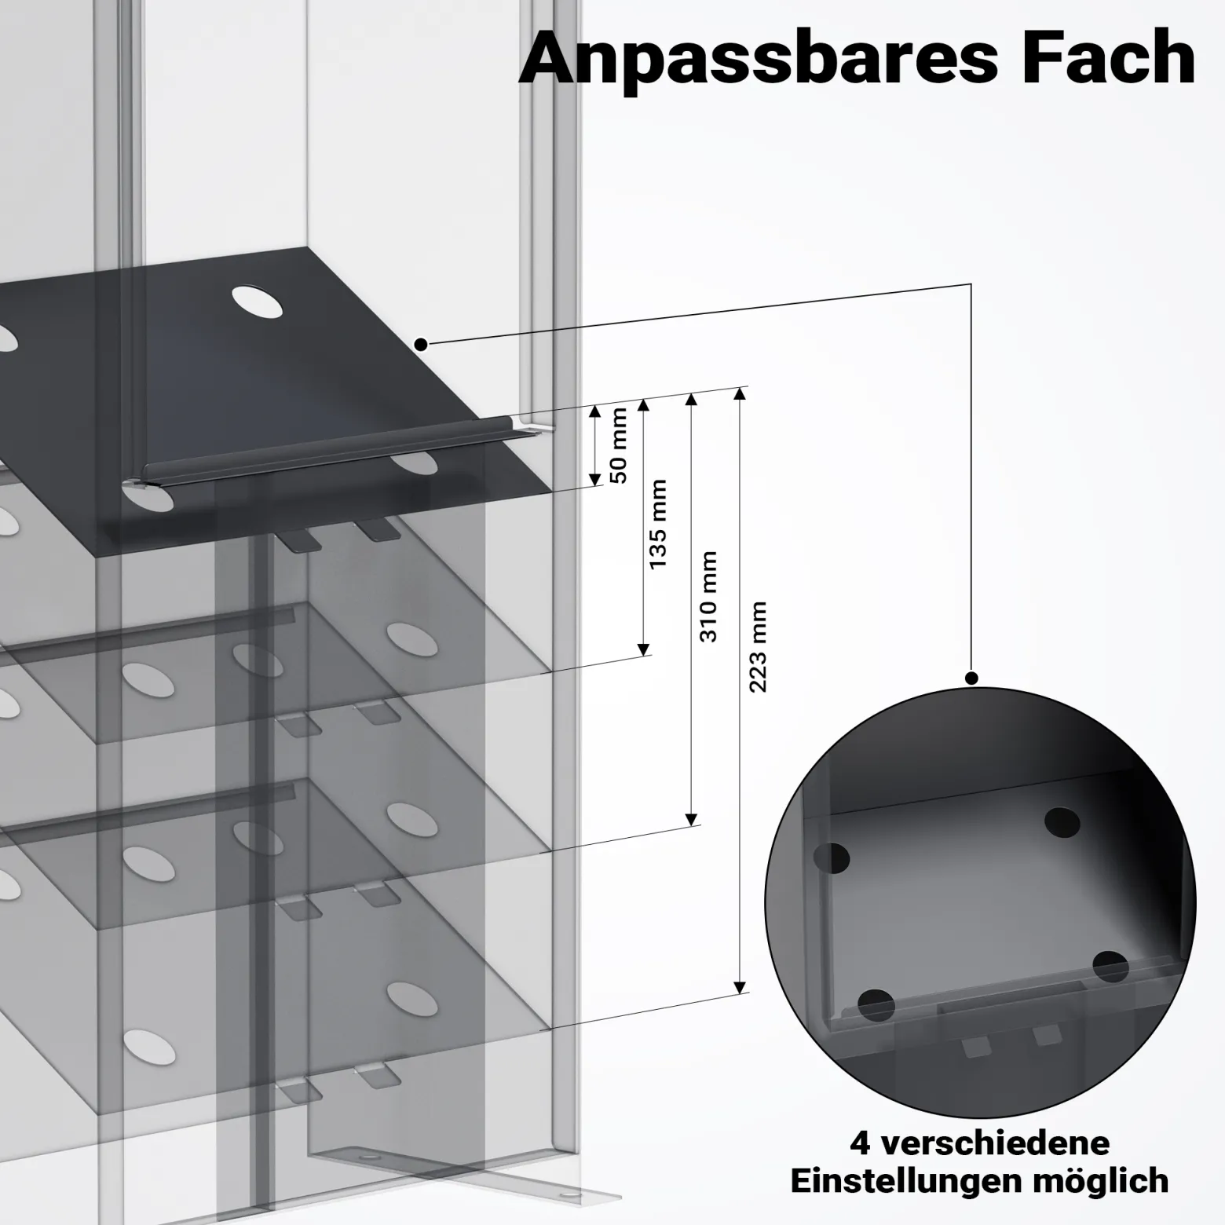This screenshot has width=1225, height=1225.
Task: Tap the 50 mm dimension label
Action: (619, 445)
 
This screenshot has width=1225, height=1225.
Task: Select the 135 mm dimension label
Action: (657, 524)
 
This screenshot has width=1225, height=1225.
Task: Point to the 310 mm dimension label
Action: (708, 597)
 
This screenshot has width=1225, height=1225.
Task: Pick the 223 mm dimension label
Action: (758, 647)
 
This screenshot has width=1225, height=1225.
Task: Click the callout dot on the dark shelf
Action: (421, 343)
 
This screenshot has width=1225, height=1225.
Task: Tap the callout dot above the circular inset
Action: (971, 678)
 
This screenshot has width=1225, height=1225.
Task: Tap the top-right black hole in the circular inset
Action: (1062, 822)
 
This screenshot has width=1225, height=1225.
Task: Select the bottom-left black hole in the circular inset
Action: (876, 1006)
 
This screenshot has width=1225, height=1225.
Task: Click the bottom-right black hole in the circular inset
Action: (1110, 966)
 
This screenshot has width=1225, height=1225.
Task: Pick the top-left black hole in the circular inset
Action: (833, 858)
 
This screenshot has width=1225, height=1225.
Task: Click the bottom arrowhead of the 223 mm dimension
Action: (739, 987)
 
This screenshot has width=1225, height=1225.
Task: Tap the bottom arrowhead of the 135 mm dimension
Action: (644, 649)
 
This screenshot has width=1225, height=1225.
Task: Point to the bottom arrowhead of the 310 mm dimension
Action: (692, 819)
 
